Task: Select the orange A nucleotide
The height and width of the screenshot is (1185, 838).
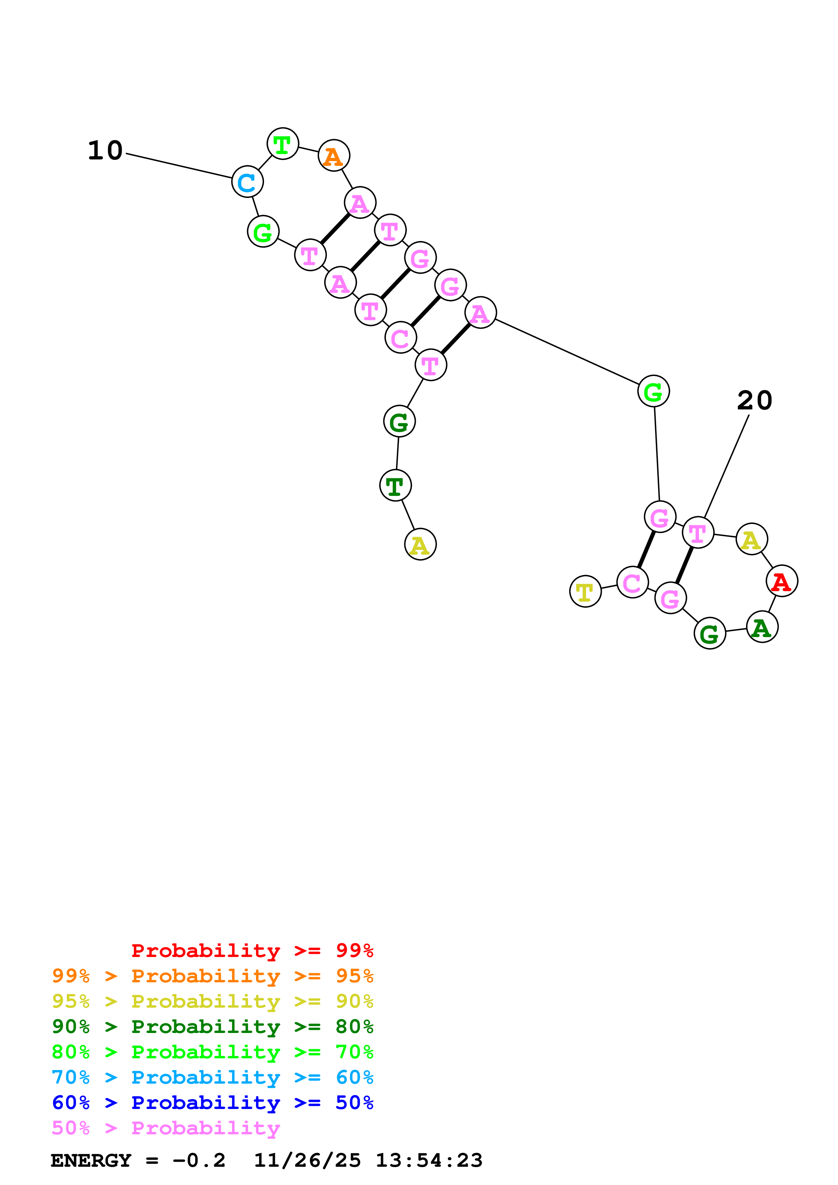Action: pos(334,155)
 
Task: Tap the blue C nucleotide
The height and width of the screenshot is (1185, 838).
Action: pos(247,182)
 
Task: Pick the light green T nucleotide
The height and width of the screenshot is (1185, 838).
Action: pos(282,144)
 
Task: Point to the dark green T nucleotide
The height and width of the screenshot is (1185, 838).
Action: pos(395,486)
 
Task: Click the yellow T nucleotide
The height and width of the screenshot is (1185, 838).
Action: pos(585,591)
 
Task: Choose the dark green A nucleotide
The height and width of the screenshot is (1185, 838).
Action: pos(762,627)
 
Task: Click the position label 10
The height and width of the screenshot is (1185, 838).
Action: pos(105,151)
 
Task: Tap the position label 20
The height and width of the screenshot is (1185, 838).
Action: pos(755,401)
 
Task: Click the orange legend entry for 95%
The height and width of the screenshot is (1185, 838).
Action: pos(212,976)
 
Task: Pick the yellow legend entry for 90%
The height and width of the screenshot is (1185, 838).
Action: pos(212,1001)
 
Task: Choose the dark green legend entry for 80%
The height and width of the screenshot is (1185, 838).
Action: pos(212,1027)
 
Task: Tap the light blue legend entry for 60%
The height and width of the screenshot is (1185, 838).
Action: pos(212,1077)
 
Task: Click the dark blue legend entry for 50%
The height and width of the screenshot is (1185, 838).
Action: pos(212,1103)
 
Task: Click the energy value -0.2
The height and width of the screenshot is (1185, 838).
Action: pos(199,1160)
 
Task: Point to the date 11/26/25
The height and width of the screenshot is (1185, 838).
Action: pos(307,1160)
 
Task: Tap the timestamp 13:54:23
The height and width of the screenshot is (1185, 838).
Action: pos(429,1160)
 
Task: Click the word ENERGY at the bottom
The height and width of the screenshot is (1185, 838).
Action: pos(91,1160)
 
